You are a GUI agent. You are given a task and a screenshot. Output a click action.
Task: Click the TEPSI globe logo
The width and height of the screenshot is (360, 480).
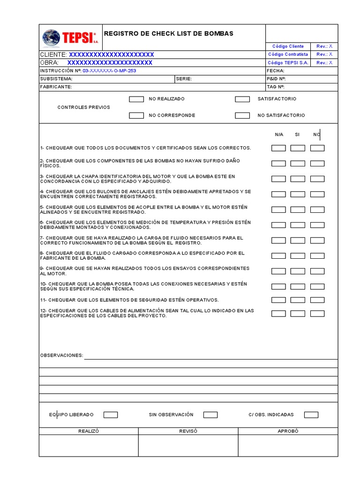click(52, 37)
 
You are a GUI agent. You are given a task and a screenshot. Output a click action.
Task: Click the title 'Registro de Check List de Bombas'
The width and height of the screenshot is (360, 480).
click(168, 34)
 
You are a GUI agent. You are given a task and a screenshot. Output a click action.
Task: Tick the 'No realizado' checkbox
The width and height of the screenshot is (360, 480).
click(136, 99)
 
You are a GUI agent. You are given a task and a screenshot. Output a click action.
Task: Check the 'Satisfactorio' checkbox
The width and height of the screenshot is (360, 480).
click(242, 99)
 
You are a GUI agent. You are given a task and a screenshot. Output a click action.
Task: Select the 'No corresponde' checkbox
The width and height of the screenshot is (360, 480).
click(136, 115)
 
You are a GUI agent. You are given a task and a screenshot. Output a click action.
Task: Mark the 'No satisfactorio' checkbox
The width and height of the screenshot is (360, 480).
click(242, 115)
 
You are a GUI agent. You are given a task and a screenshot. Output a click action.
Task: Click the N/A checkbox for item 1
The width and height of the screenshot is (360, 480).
click(278, 148)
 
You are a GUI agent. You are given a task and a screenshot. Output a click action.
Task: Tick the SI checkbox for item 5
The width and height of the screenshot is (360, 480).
click(298, 210)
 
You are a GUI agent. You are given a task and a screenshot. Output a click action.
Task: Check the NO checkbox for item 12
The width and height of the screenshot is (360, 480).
click(317, 313)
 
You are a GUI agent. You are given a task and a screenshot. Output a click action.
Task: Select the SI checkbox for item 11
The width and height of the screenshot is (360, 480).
click(298, 300)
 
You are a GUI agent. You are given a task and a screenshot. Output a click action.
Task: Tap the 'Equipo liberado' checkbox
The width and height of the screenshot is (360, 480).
click(111, 415)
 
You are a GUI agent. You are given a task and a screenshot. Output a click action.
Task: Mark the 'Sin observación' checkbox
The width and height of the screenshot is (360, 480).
click(210, 415)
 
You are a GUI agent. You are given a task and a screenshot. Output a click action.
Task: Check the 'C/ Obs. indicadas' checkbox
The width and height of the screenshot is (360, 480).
click(311, 415)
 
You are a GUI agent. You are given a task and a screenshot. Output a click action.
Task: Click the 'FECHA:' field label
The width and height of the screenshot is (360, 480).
click(276, 71)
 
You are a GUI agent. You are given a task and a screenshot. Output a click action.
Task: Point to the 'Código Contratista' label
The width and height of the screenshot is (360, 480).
click(288, 54)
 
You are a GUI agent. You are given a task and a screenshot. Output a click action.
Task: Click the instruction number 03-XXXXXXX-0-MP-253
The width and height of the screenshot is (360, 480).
click(109, 71)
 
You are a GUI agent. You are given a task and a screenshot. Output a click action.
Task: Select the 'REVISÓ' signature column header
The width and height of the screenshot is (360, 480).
click(188, 431)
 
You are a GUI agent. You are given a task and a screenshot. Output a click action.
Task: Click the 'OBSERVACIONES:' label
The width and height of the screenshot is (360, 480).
click(61, 355)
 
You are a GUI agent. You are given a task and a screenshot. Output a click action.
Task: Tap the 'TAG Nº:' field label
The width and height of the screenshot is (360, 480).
click(276, 87)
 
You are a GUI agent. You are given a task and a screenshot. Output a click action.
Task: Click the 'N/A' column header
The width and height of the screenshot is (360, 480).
click(279, 135)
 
